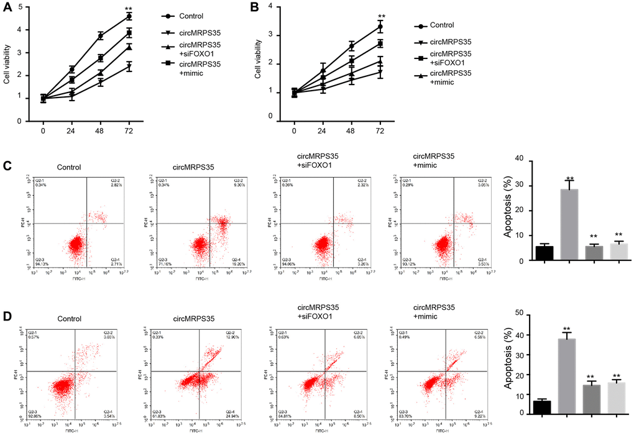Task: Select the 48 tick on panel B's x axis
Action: point(351,132)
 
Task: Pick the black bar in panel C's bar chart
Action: point(544,253)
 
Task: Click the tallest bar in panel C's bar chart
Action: point(569,225)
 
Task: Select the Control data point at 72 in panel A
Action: point(129,16)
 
